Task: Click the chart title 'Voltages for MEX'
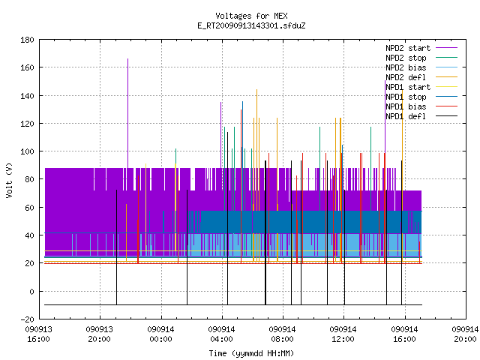pos(251,16)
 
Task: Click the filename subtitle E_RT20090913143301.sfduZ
pos(251,25)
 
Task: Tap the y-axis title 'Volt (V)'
pos(9,180)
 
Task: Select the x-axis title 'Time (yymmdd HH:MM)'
pos(251,353)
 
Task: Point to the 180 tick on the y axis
pos(27,40)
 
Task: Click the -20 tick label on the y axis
pos(27,319)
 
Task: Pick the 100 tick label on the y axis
pos(27,151)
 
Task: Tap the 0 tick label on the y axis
pos(31,292)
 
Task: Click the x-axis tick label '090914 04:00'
pos(221,334)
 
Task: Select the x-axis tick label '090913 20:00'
pos(100,334)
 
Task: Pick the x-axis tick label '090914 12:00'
pos(343,334)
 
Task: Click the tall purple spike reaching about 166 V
pos(128,113)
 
